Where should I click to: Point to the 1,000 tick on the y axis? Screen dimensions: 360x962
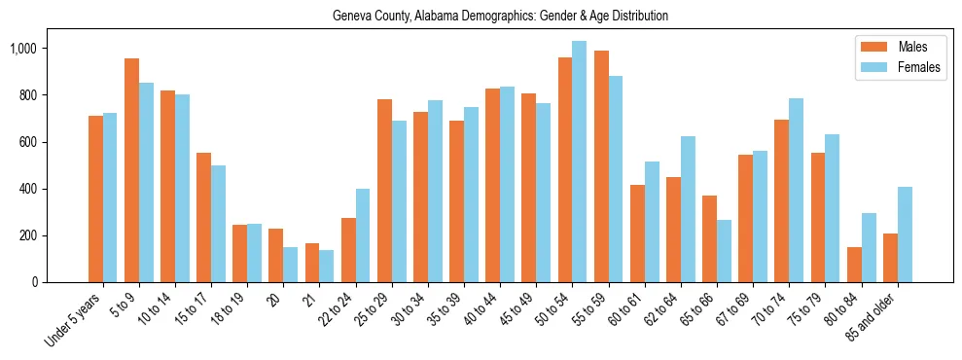42,49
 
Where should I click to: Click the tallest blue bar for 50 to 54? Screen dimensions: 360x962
579,162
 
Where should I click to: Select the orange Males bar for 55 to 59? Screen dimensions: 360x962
600,166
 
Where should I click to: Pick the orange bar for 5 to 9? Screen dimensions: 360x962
131,170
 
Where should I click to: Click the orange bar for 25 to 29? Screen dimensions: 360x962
384,191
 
